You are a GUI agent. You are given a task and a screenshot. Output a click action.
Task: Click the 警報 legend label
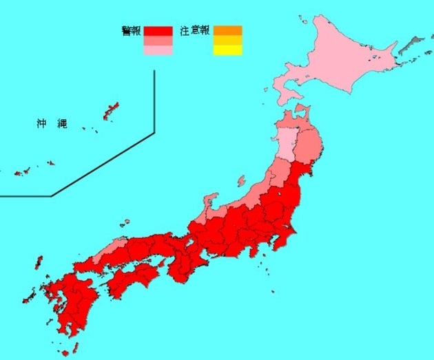(132, 31)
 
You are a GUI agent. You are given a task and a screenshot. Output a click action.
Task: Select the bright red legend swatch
(158, 31)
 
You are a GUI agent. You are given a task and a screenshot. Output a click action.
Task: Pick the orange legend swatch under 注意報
(228, 30)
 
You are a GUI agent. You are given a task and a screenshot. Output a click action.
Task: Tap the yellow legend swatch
(228, 50)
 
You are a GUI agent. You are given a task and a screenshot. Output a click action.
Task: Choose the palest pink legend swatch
(158, 50)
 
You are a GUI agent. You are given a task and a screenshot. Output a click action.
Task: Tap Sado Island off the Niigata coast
(241, 182)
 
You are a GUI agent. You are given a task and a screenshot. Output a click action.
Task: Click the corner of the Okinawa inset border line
(154, 131)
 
